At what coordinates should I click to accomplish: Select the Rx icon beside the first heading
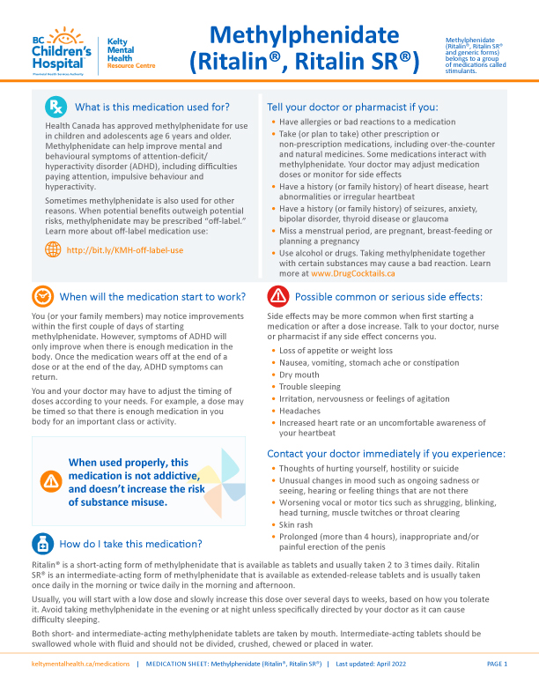click(55, 108)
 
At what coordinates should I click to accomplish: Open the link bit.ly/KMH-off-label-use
click(125, 250)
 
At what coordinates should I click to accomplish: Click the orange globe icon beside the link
click(53, 249)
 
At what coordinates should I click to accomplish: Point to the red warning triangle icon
click(278, 295)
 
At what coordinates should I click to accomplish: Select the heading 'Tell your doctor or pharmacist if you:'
click(352, 108)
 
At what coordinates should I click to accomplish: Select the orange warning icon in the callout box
click(50, 481)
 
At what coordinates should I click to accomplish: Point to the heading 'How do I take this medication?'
click(130, 543)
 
